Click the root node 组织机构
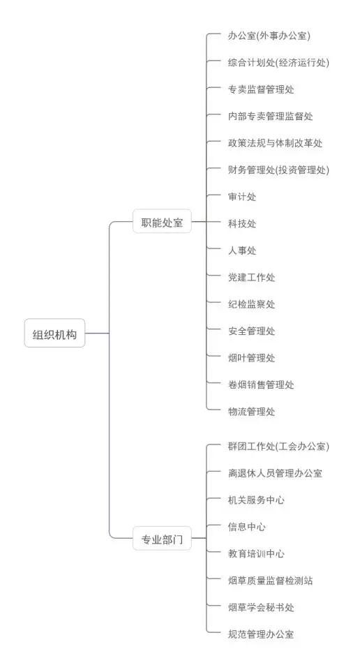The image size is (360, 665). [x=54, y=334]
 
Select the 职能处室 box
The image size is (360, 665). [x=162, y=221]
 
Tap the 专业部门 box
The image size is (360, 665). [x=162, y=539]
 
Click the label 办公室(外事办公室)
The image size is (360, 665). [x=269, y=36]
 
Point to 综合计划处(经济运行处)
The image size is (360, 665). [x=278, y=63]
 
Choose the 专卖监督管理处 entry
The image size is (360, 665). [x=261, y=89]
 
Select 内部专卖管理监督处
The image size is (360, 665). [x=271, y=117]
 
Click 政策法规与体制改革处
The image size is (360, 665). [x=275, y=143]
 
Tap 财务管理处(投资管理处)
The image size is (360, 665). [x=278, y=170]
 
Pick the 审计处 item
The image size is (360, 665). [x=242, y=197]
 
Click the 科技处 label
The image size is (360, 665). [x=242, y=223]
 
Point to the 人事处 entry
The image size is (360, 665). [x=242, y=251]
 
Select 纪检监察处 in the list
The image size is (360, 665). [x=251, y=304]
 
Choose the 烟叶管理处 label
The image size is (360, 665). [x=251, y=358]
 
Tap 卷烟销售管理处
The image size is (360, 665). [x=261, y=384]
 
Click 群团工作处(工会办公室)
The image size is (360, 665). [x=278, y=446]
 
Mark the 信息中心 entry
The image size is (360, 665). [x=247, y=527]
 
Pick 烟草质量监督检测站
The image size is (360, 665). [x=271, y=581]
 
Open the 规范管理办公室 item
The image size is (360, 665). [x=261, y=634]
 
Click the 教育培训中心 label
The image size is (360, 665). [x=256, y=554]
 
